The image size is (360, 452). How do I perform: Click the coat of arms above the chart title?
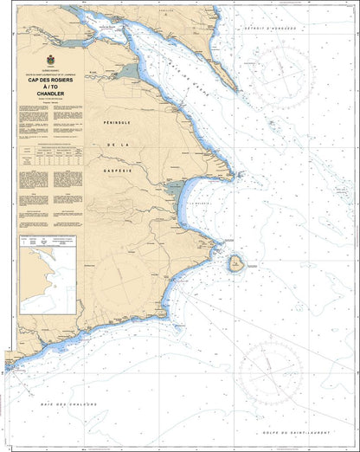(48, 61)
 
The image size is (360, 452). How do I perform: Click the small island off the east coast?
(233, 262)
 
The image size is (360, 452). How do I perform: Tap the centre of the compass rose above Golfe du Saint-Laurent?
(270, 371)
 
